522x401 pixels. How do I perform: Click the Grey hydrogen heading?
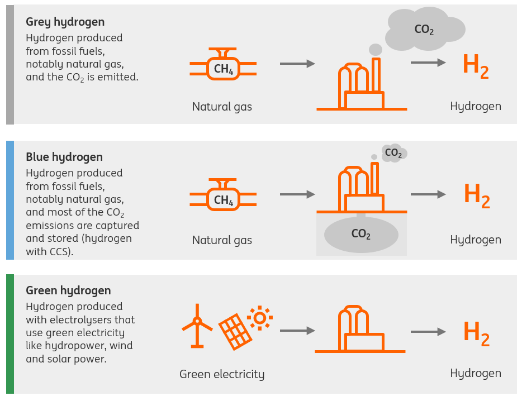[x=65, y=22]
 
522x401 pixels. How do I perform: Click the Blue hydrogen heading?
[x=64, y=157]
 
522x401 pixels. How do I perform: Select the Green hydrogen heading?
[x=68, y=290]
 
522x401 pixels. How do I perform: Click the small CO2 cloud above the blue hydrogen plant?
[x=394, y=152]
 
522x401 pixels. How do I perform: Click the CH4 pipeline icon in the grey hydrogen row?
[x=223, y=68]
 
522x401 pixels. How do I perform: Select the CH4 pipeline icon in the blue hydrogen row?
[x=223, y=199]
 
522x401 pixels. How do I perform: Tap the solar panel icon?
[x=235, y=330]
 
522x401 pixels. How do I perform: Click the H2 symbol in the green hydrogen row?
[x=476, y=332]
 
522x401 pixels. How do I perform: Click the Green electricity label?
[x=222, y=374]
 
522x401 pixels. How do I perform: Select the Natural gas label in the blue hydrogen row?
[x=222, y=241]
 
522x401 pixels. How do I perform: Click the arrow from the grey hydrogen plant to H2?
[x=428, y=63]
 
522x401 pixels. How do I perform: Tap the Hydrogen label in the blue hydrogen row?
[x=476, y=240]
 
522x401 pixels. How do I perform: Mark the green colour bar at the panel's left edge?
[x=10, y=334]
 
